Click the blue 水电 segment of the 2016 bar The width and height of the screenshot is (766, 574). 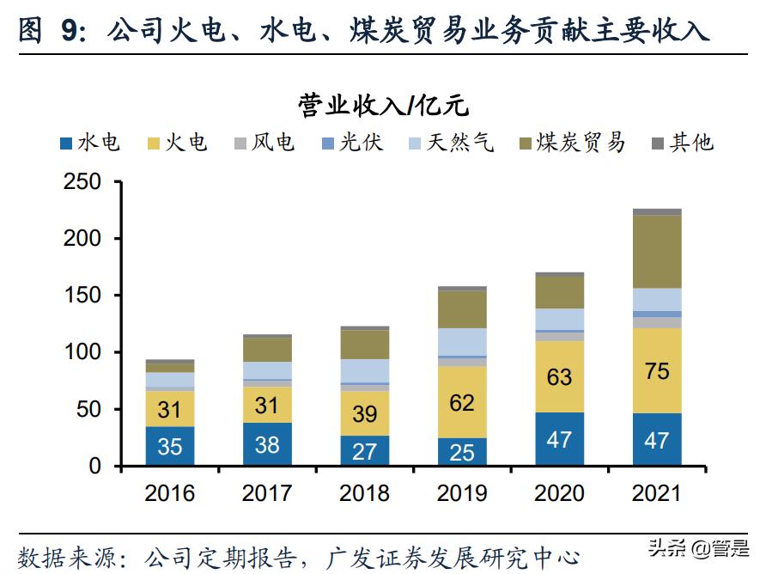click(x=169, y=446)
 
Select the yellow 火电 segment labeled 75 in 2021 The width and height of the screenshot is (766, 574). click(x=657, y=370)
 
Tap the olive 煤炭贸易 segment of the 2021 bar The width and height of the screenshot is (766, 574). click(x=657, y=251)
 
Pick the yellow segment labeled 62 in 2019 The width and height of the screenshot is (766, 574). click(x=462, y=402)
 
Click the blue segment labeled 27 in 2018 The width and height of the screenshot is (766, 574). click(x=364, y=450)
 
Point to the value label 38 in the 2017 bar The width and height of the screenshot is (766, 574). click(x=267, y=443)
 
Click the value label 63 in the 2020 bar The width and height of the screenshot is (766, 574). click(x=559, y=376)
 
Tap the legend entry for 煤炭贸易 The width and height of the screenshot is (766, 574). click(x=572, y=143)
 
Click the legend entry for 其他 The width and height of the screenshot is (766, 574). click(x=683, y=143)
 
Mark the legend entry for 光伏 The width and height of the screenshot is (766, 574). click(x=351, y=143)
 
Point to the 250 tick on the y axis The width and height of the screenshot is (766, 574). click(x=82, y=182)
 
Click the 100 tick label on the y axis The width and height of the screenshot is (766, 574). click(x=82, y=352)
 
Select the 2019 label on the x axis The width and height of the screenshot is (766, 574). click(x=462, y=493)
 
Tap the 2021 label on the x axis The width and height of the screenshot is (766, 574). click(x=657, y=493)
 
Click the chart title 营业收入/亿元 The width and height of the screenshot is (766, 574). click(x=383, y=105)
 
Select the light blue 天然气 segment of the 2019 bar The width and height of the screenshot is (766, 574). click(x=462, y=341)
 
